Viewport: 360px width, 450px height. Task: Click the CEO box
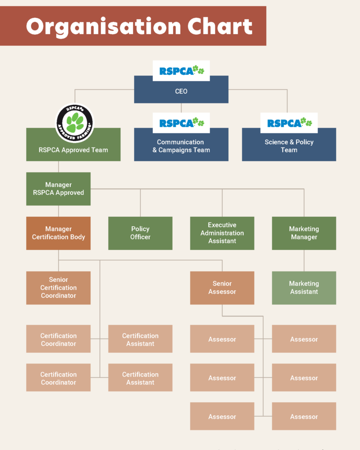click(181, 91)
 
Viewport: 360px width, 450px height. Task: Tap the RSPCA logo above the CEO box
click(181, 71)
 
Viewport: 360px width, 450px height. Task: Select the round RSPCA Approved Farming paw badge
click(75, 123)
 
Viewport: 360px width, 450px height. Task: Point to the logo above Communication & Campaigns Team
click(181, 123)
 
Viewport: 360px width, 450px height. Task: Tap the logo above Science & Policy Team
click(289, 123)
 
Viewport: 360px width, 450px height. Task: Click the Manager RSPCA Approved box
click(58, 189)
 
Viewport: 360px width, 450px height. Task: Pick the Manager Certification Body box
click(58, 233)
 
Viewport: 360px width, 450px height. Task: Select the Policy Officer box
click(140, 233)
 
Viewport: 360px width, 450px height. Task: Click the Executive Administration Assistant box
click(222, 233)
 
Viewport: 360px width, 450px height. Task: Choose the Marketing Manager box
click(304, 233)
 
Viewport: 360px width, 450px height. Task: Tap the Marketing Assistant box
click(304, 288)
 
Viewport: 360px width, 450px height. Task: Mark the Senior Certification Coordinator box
click(58, 288)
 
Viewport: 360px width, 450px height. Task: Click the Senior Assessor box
click(222, 288)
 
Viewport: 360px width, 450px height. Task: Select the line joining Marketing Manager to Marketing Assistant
click(304, 260)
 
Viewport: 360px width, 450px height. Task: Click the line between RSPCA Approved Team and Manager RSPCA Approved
click(58, 167)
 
